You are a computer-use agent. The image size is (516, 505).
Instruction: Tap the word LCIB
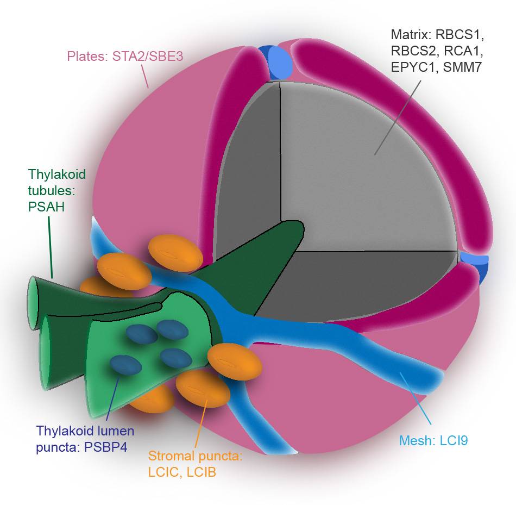coord(202,472)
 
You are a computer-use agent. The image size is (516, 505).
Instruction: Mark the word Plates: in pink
coord(87,56)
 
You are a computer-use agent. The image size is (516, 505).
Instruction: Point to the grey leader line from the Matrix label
coord(394,116)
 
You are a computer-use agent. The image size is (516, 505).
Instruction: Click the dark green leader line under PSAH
coord(51,245)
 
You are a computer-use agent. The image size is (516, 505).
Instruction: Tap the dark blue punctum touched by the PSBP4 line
coord(125,364)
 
